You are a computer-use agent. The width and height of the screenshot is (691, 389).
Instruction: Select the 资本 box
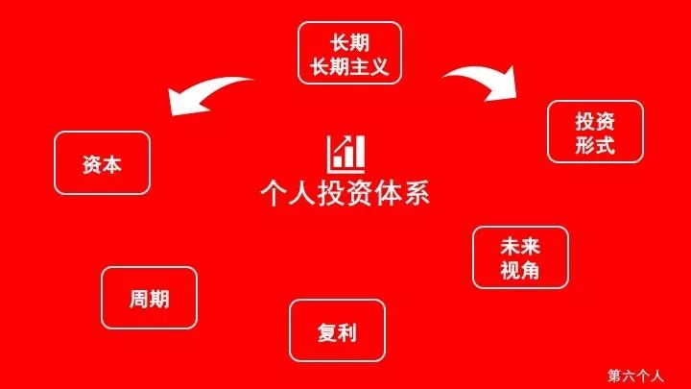pos(103,163)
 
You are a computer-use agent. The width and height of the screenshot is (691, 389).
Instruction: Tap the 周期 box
pos(149,298)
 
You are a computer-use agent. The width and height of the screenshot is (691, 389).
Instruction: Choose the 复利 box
pos(337,331)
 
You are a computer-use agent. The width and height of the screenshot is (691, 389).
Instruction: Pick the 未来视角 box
pos(520,257)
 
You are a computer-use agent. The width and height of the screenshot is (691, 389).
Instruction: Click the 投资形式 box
pos(595,133)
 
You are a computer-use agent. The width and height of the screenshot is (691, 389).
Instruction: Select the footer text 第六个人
pos(642,375)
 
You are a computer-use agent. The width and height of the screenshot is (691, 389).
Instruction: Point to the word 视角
pos(520,270)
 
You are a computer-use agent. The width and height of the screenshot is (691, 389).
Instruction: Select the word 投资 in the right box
pos(595,121)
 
